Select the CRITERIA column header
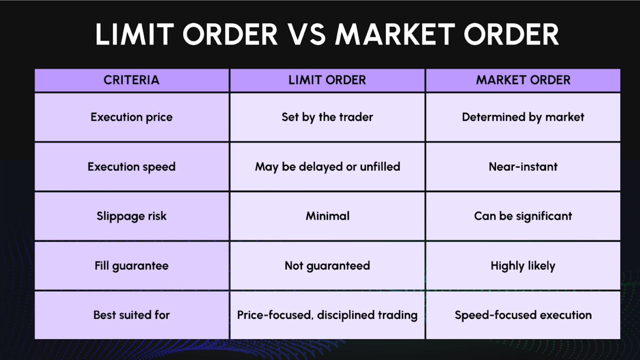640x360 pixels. click(132, 80)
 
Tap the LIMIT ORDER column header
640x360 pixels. click(327, 80)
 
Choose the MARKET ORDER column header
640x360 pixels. click(523, 80)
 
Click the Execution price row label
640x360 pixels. click(132, 117)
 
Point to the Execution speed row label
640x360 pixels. click(132, 167)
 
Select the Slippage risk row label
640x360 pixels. click(132, 216)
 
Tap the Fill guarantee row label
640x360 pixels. click(132, 266)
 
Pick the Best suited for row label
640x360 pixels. click(132, 315)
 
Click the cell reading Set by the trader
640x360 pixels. click(327, 117)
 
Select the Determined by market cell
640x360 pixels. click(523, 117)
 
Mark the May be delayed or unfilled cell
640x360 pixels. click(327, 167)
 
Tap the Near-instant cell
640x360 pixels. click(523, 167)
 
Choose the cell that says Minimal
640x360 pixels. click(327, 216)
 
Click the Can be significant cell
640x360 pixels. click(523, 216)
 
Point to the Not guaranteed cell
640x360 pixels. click(327, 266)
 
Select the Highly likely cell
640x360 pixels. click(523, 266)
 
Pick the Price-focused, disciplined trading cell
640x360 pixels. click(327, 315)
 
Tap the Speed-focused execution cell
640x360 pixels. click(523, 315)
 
